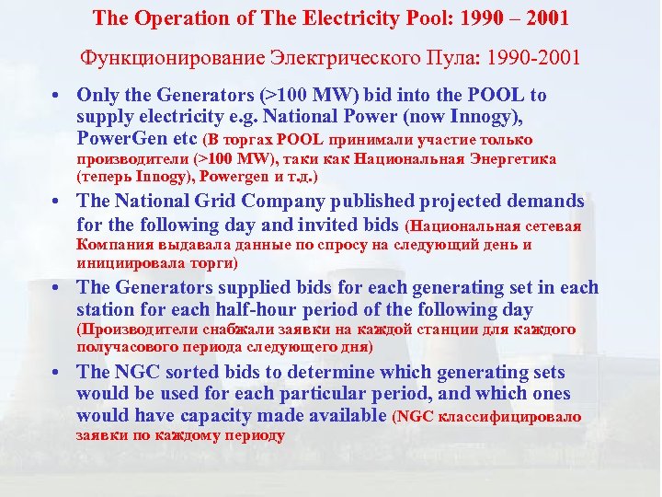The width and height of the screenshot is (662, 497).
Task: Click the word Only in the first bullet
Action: coord(97,96)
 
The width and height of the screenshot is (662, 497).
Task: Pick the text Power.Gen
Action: coord(120,139)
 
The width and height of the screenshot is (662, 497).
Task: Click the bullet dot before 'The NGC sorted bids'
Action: coord(57,373)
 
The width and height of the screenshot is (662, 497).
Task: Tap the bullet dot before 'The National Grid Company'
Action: coord(57,202)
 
